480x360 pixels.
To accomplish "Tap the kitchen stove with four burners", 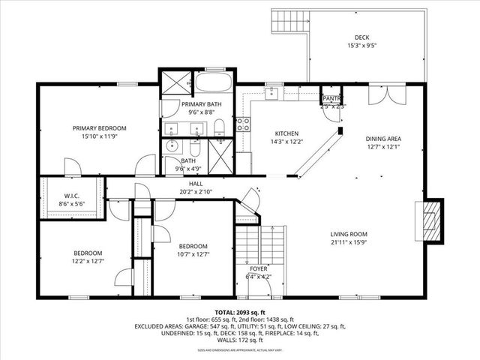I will (243, 124).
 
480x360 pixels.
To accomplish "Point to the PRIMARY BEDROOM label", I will (99, 128).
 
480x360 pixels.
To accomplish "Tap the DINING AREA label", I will (384, 139).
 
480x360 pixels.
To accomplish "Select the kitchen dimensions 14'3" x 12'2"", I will (286, 141).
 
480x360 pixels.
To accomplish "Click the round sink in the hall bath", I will (171, 145).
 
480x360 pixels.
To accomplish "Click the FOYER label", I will (259, 268).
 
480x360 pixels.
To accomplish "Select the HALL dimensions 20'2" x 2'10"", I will (196, 191).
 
